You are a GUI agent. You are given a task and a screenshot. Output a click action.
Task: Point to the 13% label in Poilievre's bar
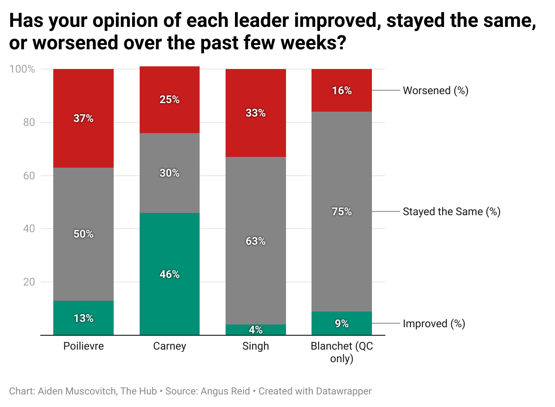(84, 318)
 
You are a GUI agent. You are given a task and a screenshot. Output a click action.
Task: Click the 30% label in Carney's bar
(170, 173)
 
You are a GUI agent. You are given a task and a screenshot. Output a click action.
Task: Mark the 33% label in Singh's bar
(256, 113)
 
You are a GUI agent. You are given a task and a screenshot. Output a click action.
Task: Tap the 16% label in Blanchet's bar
(342, 91)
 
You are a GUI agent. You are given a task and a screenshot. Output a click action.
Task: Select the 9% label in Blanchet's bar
(342, 324)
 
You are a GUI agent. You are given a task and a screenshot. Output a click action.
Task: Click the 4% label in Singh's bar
(256, 330)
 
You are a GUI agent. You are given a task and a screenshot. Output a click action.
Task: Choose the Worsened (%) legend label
(435, 91)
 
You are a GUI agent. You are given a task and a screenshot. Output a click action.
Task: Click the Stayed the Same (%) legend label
(451, 212)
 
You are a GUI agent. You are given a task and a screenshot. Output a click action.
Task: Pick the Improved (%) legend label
(434, 324)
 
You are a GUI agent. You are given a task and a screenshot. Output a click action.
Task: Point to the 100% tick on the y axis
(22, 69)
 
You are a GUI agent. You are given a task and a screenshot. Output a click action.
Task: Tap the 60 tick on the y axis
(29, 176)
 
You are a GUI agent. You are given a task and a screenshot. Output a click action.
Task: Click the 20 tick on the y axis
(29, 282)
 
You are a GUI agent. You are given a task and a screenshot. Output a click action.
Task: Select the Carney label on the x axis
(169, 346)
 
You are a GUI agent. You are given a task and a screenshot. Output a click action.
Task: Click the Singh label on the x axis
(256, 346)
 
